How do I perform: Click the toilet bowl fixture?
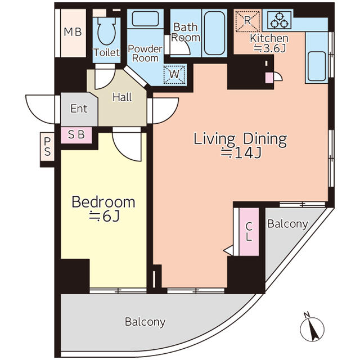106,30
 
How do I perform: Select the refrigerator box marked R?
247,21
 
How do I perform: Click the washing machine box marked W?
174,74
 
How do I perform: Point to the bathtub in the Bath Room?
214,33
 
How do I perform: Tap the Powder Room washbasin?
145,19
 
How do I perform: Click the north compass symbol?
312,327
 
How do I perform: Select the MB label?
73,32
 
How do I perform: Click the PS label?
47,147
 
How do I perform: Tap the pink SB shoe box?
76,135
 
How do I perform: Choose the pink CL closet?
249,232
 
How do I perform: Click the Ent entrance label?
79,109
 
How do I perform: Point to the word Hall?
122,97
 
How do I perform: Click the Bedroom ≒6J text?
103,209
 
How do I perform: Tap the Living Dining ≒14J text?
240,146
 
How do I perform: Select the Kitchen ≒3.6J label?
269,43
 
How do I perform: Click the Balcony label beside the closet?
287,224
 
